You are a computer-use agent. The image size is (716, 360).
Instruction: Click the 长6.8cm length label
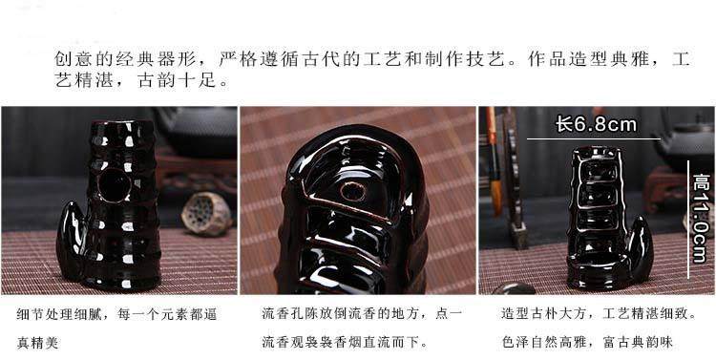pos(596,124)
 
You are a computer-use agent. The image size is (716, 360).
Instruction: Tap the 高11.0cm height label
pos(700,219)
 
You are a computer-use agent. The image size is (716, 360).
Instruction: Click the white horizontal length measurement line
pos(593,138)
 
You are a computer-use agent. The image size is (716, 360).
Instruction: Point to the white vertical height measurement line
pos(688,220)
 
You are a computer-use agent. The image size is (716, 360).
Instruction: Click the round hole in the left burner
pos(115,185)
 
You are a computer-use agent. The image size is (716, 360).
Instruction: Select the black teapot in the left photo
pos(198,133)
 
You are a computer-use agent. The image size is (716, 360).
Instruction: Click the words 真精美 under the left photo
pos(38,343)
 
